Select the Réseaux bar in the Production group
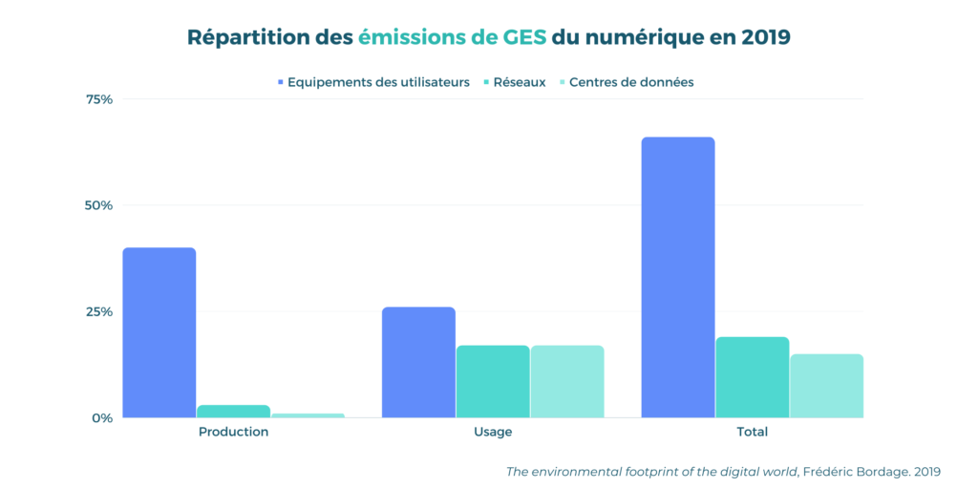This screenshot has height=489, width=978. click(x=233, y=412)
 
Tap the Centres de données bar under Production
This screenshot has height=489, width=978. click(x=308, y=415)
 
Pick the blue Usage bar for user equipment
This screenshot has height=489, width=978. click(x=418, y=362)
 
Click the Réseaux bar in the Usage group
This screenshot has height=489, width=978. click(x=493, y=381)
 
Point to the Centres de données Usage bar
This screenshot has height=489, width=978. click(x=567, y=381)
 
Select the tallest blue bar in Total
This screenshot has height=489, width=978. click(x=678, y=277)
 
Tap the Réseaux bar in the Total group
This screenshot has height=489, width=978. click(x=753, y=377)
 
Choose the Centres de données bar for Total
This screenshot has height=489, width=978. click(x=826, y=386)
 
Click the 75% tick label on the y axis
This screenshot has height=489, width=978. click(x=99, y=99)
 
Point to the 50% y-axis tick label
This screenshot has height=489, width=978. click(x=99, y=205)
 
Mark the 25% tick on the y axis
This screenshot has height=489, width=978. click(x=99, y=311)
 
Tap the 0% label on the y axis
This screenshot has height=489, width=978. click(x=103, y=417)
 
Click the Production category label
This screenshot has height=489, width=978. click(x=233, y=432)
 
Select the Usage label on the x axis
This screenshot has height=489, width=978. click(x=493, y=432)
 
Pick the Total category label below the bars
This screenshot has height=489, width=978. click(x=753, y=432)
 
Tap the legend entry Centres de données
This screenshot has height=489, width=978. click(x=630, y=82)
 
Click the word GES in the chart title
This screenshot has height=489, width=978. click(x=523, y=38)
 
